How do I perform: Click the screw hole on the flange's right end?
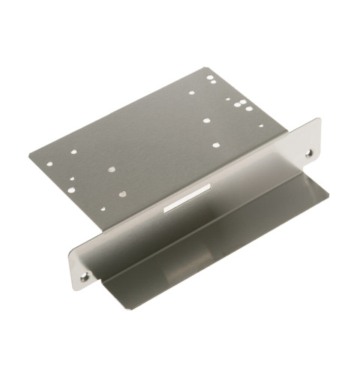(308, 153)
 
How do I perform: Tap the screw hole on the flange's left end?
(84, 276)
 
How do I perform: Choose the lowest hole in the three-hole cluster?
(249, 109)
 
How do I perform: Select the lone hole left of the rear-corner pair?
(191, 93)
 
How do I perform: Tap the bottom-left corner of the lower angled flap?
(103, 284)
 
